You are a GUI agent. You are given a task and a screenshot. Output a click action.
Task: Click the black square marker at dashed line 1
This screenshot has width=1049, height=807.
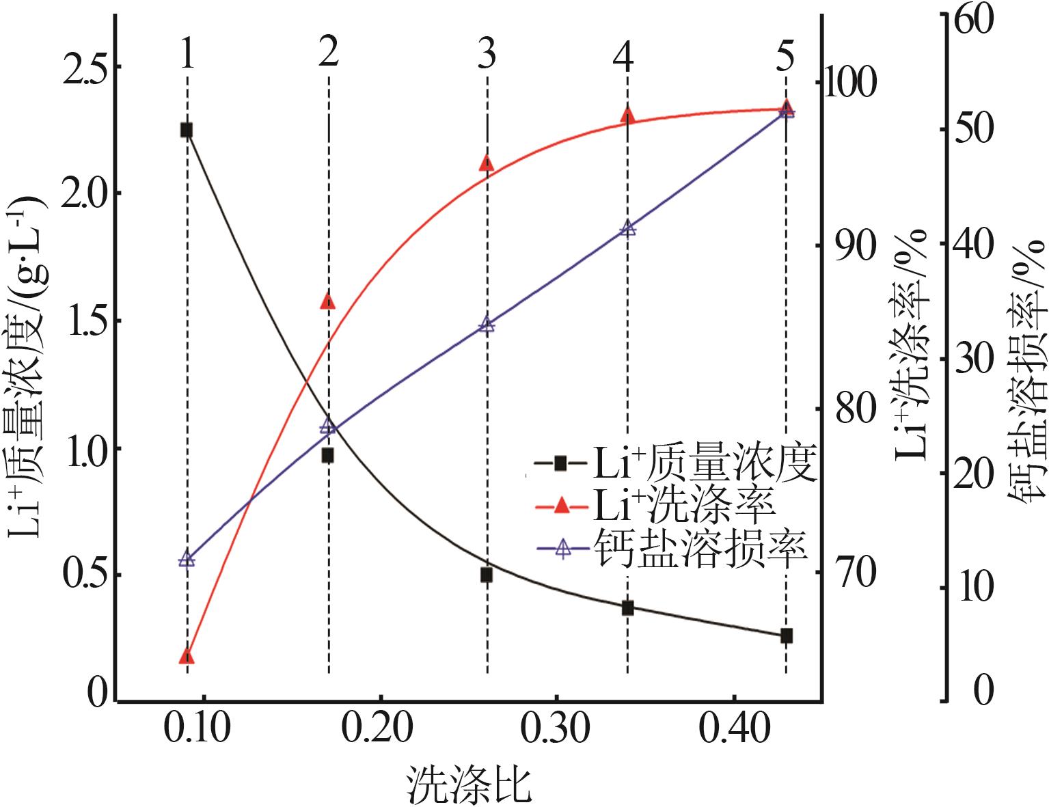[186, 130]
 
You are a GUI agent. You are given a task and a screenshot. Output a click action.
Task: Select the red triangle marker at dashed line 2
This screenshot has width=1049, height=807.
[328, 301]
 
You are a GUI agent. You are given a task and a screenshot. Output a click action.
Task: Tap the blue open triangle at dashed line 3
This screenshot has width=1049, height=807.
[487, 324]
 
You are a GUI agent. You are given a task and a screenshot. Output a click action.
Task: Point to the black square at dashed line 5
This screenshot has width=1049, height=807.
[787, 635]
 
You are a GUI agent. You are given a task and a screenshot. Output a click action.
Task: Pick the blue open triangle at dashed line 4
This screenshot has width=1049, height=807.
[628, 228]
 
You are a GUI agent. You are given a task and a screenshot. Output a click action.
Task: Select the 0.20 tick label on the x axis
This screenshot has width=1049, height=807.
[379, 730]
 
